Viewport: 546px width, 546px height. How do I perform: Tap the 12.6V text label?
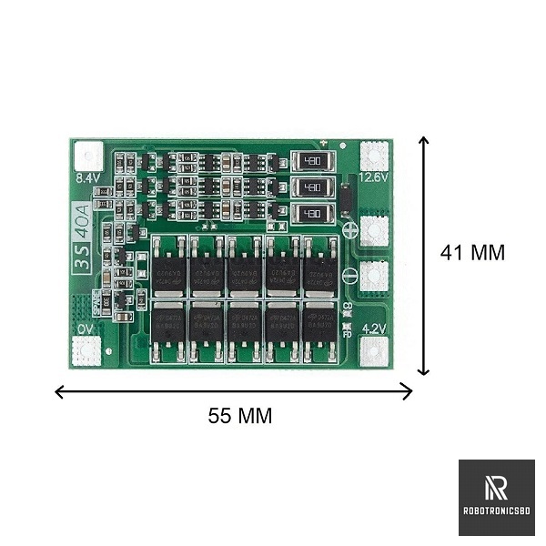[374, 177]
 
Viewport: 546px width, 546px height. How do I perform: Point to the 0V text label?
[86, 329]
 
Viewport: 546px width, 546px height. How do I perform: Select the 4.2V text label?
[374, 329]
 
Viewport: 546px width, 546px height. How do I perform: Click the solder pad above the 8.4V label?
[87, 156]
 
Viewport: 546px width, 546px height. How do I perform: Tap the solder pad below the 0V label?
[87, 350]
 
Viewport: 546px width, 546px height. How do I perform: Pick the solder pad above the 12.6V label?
[374, 155]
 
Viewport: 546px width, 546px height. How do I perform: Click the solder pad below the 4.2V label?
[374, 350]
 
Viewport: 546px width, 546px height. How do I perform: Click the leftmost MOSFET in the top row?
[169, 266]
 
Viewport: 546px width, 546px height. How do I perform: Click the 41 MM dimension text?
[471, 253]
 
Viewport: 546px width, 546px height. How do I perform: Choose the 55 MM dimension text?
[240, 416]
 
